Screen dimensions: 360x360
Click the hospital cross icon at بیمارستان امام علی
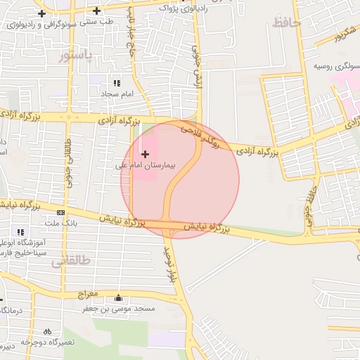pos(146,153)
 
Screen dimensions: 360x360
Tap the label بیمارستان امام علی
pos(148,167)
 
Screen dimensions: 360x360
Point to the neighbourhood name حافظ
pos(286,23)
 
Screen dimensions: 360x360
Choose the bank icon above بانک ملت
pos(61,212)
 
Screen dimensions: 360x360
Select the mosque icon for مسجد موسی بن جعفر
pos(117,297)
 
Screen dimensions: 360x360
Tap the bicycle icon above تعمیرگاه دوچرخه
pos(47,330)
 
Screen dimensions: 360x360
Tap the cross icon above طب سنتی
pos(96,11)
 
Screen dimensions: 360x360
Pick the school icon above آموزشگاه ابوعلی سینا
pos(20,232)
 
